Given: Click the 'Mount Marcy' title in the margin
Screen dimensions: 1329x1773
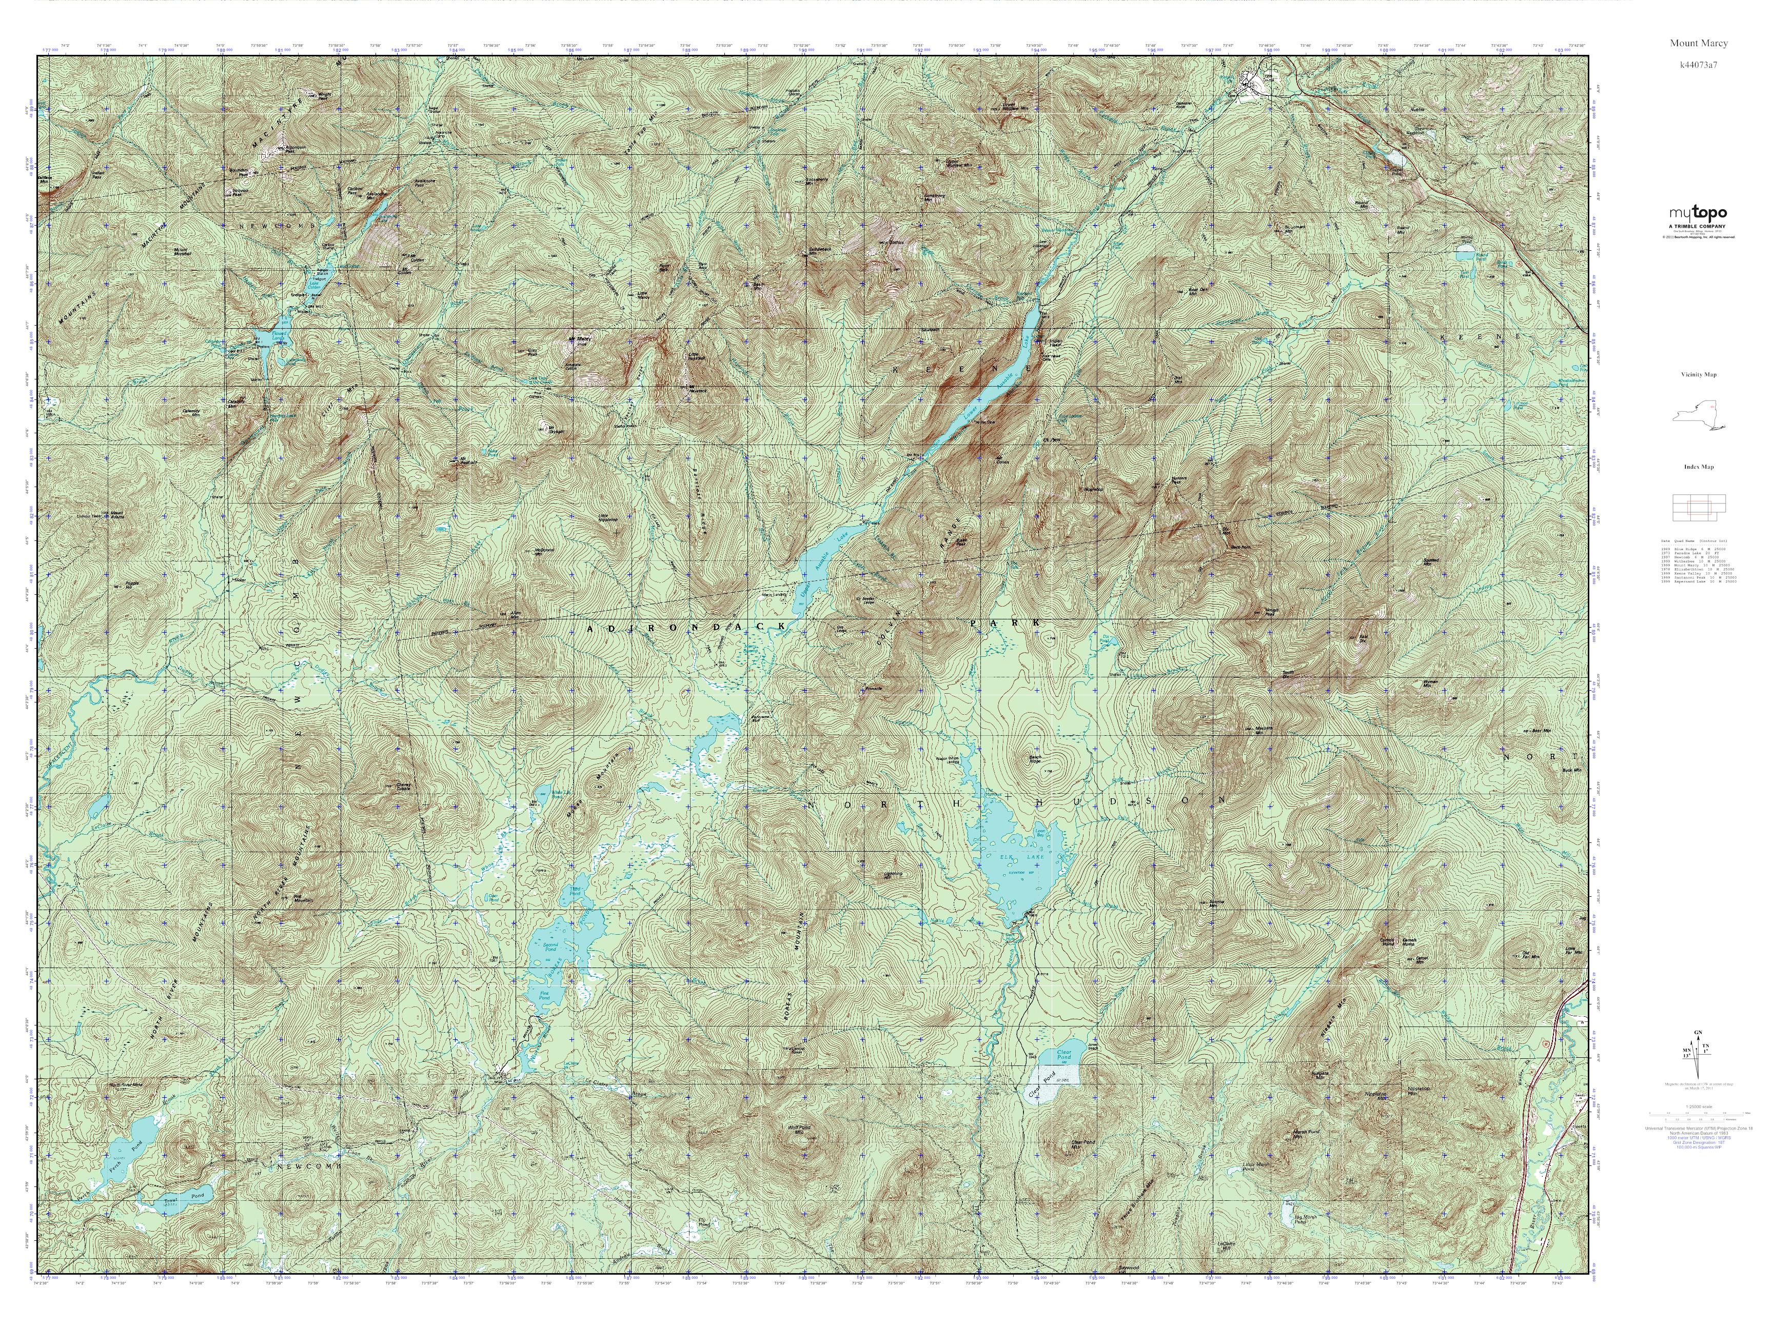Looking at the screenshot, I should click(x=1699, y=43).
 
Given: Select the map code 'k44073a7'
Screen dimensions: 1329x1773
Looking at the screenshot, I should click(x=1699, y=64).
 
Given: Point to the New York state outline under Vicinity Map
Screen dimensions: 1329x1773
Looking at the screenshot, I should click(x=1698, y=414).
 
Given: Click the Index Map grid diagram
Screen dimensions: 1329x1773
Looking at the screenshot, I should click(x=1698, y=505).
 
